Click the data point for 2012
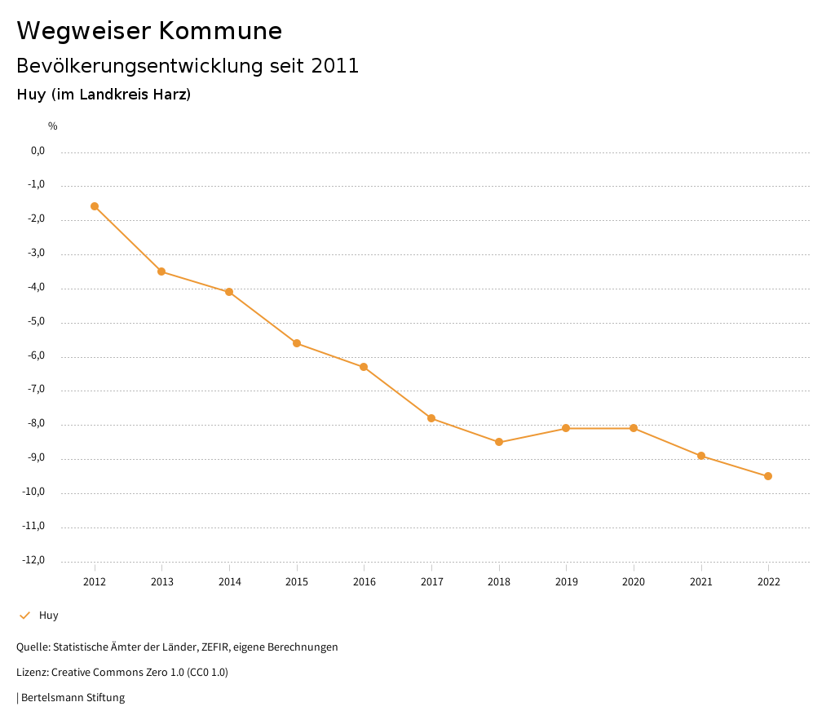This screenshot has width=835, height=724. [95, 206]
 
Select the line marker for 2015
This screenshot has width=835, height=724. [297, 343]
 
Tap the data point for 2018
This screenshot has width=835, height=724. [499, 442]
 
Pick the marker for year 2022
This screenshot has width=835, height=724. [768, 476]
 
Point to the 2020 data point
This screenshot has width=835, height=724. [634, 428]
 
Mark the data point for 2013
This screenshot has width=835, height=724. [161, 271]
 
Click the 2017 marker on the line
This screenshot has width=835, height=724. [431, 418]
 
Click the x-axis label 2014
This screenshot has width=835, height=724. [229, 582]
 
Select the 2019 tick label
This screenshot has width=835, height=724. [566, 582]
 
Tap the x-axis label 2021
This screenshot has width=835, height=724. [700, 582]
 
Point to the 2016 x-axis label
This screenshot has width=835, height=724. [364, 582]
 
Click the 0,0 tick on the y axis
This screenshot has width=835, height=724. [38, 151]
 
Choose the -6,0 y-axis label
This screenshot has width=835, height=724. [36, 355]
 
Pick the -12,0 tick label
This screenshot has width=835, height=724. [34, 560]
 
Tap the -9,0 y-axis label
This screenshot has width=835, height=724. [36, 457]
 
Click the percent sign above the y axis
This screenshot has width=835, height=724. [52, 126]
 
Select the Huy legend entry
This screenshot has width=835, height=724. [48, 616]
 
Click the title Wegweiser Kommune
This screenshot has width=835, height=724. [149, 31]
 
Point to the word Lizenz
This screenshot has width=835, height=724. [31, 673]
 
